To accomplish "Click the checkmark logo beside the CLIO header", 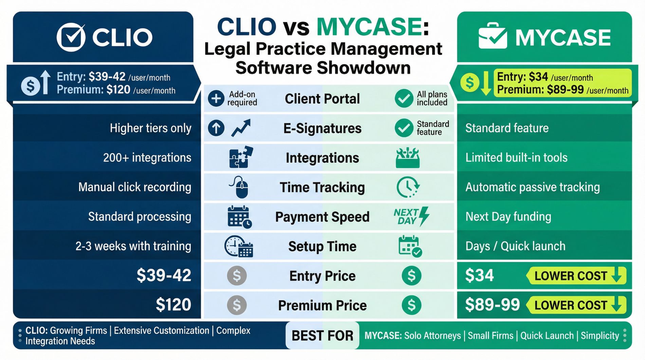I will (71, 37).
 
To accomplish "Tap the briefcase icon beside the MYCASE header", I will (493, 37).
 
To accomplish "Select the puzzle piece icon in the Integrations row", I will (241, 157).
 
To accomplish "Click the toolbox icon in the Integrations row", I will (407, 158).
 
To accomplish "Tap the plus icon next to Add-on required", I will (216, 98).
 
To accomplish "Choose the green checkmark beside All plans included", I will (404, 98).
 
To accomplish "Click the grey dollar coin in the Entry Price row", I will (237, 275).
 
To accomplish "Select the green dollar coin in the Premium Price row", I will (411, 305).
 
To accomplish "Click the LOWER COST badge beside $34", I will (576, 275).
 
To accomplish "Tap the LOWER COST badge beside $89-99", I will (576, 305).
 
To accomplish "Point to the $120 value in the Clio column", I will (173, 305).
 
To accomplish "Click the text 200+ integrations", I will (147, 158).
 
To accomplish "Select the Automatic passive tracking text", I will (532, 187).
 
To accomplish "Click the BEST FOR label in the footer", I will (322, 336).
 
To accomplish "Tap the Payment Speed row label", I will (322, 217).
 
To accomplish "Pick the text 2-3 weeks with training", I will (133, 246).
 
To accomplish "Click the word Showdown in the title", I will (364, 68).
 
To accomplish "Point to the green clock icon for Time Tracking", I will (408, 187).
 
